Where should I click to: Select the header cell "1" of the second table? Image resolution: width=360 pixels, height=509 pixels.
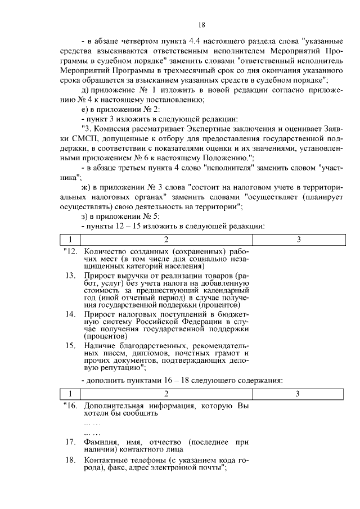(x=70, y=393)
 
